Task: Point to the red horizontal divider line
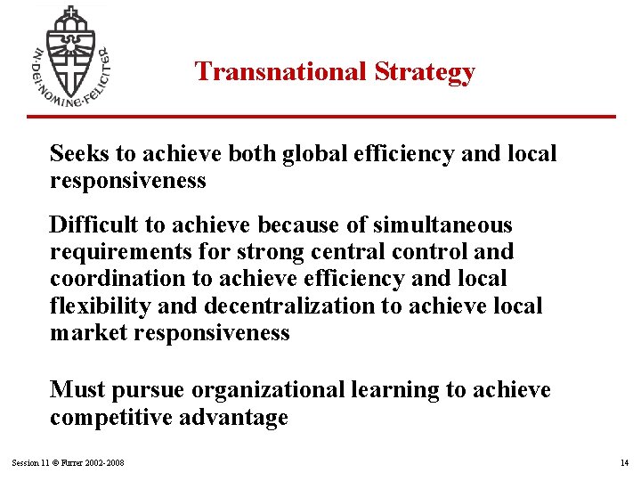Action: pyautogui.click(x=320, y=116)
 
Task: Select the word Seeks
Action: pyautogui.click(x=78, y=153)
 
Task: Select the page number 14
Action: pyautogui.click(x=622, y=463)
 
